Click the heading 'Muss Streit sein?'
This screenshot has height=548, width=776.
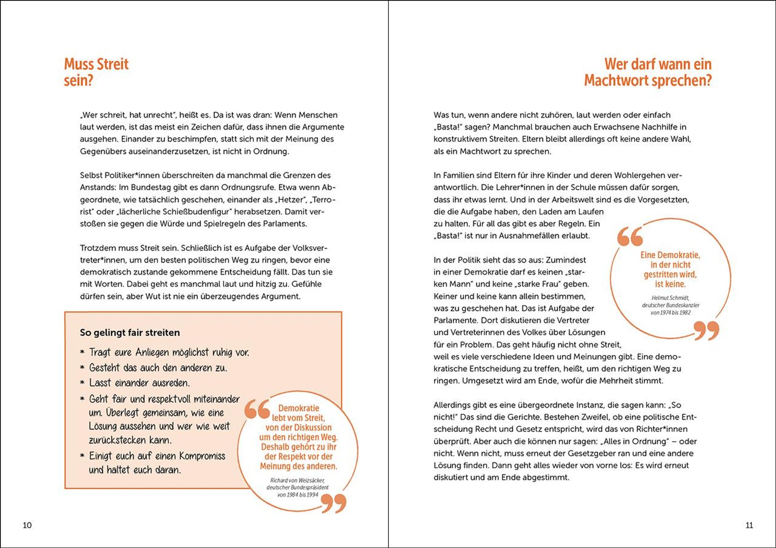(x=96, y=72)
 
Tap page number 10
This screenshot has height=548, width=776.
(x=27, y=525)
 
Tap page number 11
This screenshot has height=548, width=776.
(x=749, y=525)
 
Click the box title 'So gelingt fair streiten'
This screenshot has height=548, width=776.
(x=130, y=332)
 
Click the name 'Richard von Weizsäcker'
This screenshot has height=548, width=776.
(x=297, y=480)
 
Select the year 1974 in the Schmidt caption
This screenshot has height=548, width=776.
(x=661, y=313)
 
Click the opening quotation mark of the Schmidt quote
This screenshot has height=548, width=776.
(x=630, y=236)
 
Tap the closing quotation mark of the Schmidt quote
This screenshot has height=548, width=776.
(x=706, y=331)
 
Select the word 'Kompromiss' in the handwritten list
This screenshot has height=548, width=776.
(x=202, y=456)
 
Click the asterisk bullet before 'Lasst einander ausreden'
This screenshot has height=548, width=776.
(x=82, y=383)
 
